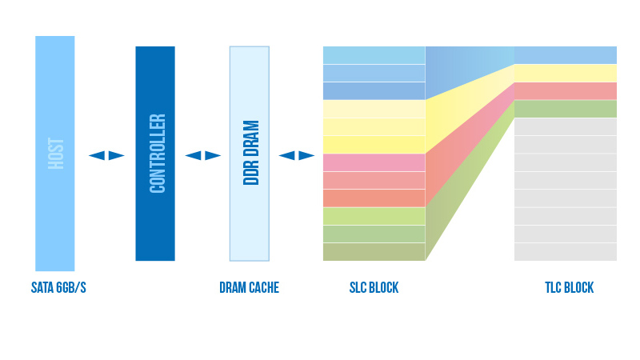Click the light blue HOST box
pyautogui.click(x=54, y=154)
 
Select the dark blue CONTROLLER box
pyautogui.click(x=155, y=154)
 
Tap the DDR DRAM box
pyautogui.click(x=250, y=154)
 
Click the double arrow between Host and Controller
pyautogui.click(x=106, y=155)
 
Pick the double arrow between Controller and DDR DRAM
pyautogui.click(x=203, y=155)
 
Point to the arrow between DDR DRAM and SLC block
pyautogui.click(x=297, y=155)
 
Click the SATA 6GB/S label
pyautogui.click(x=58, y=288)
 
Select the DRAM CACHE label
pyautogui.click(x=249, y=288)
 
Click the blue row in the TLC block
pyautogui.click(x=566, y=55)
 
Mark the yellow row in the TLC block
pyautogui.click(x=566, y=73)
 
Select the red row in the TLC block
pyautogui.click(x=566, y=90)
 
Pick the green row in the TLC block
pyautogui.click(x=566, y=109)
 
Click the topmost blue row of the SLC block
pyautogui.click(x=374, y=55)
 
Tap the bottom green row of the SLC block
pyautogui.click(x=374, y=252)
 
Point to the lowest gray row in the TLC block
pyautogui.click(x=566, y=252)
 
